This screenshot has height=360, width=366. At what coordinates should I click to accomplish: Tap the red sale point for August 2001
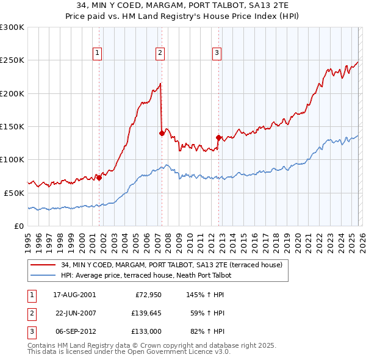click(99, 178)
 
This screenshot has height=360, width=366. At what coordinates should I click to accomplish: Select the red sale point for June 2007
click(161, 133)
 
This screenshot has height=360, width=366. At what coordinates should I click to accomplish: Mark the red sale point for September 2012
click(218, 137)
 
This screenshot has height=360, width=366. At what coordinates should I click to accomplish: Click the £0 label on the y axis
click(18, 225)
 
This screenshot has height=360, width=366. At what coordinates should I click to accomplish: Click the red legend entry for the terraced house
click(171, 265)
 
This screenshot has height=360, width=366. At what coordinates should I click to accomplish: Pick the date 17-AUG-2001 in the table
click(74, 294)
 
